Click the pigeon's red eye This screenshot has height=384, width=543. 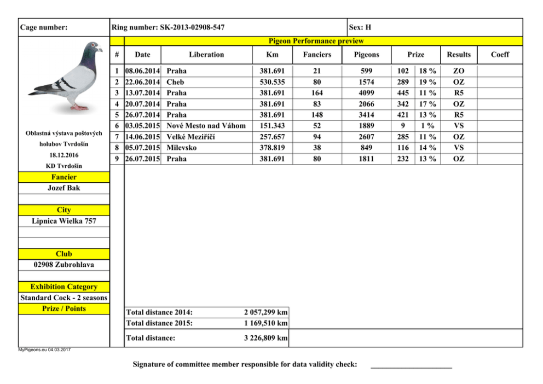click(94, 45)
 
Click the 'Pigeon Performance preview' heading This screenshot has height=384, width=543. click(316, 41)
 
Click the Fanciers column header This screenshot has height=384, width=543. click(317, 54)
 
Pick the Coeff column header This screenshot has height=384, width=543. click(500, 54)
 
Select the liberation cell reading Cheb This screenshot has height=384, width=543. click(175, 82)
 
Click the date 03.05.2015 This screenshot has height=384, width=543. click(142, 126)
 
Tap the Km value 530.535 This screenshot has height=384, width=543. click(272, 82)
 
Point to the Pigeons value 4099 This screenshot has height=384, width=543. click(366, 93)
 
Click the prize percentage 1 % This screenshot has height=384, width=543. click(427, 126)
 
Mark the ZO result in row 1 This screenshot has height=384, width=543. click(459, 71)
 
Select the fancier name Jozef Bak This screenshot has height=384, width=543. click(64, 188)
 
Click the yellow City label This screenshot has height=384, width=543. click(64, 210)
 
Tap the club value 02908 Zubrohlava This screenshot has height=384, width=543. click(64, 265)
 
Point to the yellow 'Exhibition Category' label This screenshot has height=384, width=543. click(64, 287)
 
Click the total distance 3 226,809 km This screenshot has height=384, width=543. click(265, 338)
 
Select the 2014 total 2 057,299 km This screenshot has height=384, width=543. click(265, 312)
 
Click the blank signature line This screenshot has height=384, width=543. click(411, 365)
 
